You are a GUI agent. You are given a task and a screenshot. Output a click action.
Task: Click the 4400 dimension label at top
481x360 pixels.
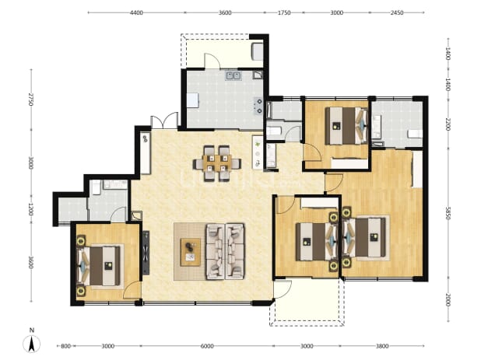[136, 13]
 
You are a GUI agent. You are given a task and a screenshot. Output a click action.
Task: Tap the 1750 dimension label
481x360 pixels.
[284, 13]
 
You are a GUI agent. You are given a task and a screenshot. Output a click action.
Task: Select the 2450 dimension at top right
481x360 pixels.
[397, 13]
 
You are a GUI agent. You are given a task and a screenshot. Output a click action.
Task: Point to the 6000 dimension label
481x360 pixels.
[207, 346]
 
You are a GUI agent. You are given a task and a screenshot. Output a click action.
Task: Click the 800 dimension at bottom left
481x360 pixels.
[65, 346]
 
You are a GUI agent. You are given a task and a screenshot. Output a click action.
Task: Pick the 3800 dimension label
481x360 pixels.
[382, 346]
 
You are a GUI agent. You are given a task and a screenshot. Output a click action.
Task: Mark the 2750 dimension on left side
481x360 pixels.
[30, 100]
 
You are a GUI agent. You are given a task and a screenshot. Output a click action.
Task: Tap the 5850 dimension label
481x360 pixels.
[448, 213]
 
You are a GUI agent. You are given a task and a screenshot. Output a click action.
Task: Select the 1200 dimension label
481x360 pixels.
[30, 208]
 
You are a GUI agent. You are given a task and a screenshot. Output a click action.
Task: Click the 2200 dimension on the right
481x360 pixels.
[448, 124]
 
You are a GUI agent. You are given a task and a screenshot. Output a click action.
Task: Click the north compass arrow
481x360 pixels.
[31, 344]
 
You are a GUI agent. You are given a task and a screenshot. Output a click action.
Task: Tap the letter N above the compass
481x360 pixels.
[32, 330]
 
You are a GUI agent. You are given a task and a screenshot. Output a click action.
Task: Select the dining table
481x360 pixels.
[217, 163]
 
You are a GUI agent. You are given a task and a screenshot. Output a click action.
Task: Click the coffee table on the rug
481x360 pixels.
[191, 252]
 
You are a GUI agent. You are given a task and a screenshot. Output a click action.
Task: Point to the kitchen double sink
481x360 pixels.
[233, 75]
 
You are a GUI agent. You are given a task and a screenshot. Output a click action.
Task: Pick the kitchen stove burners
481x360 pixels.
[258, 106]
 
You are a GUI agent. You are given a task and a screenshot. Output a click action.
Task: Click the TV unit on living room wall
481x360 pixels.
[146, 253]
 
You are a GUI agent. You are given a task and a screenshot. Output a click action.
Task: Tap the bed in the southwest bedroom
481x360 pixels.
[98, 266]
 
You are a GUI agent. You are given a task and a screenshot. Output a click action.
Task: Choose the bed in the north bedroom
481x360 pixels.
[346, 125]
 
